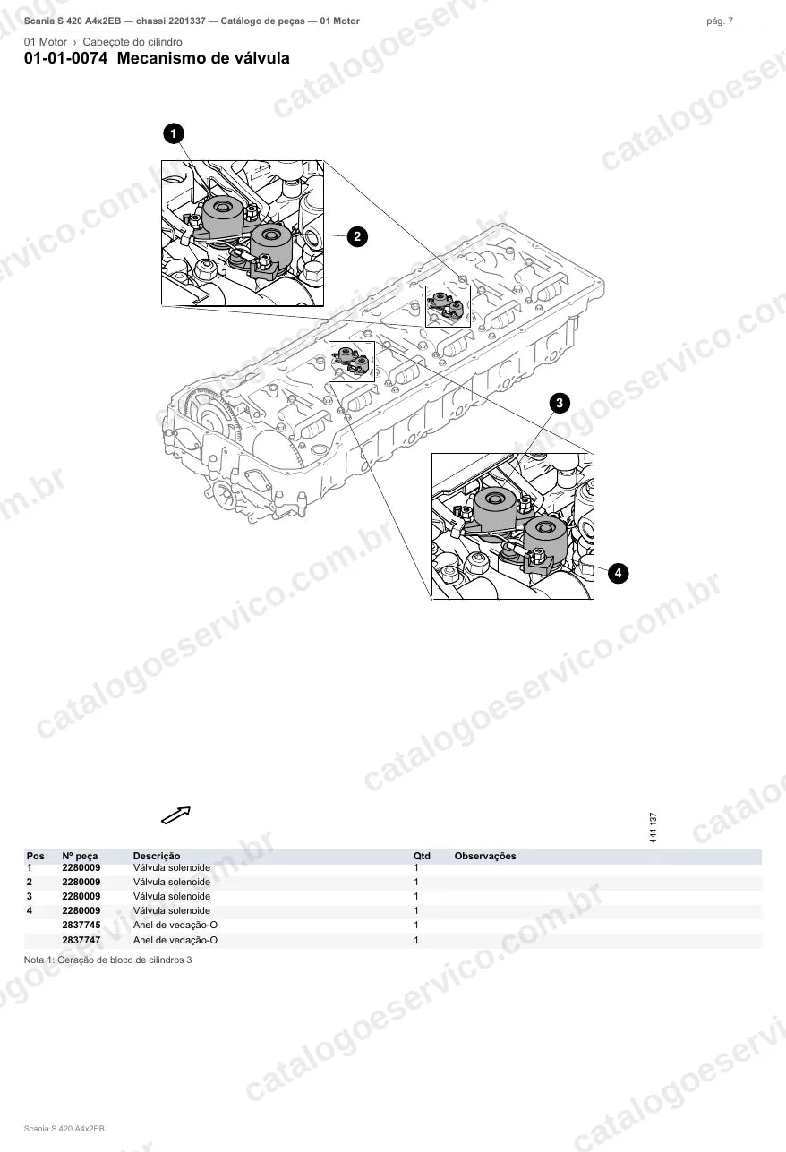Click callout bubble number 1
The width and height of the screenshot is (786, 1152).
pyautogui.click(x=174, y=133)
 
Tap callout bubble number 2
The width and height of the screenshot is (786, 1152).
pyautogui.click(x=357, y=236)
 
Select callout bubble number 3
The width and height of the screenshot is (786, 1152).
pyautogui.click(x=560, y=403)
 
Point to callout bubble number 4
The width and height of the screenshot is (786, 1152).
pyautogui.click(x=618, y=573)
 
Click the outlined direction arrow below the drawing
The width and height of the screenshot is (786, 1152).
pyautogui.click(x=176, y=815)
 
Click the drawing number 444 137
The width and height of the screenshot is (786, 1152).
pyautogui.click(x=653, y=828)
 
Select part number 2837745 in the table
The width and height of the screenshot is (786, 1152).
pyautogui.click(x=81, y=925)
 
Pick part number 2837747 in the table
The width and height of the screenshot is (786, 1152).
pyautogui.click(x=81, y=940)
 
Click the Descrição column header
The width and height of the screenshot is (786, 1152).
pyautogui.click(x=157, y=856)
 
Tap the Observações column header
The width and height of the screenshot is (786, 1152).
pyautogui.click(x=485, y=856)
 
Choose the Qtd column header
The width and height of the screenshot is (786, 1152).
pyautogui.click(x=422, y=856)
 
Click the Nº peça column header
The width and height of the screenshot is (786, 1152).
pyautogui.click(x=80, y=857)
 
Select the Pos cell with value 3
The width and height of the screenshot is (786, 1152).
pyautogui.click(x=30, y=896)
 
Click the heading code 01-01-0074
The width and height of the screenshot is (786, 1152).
pyautogui.click(x=66, y=58)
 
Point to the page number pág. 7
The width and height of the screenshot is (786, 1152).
pyautogui.click(x=720, y=21)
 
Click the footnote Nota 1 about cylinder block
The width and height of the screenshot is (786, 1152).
pyautogui.click(x=107, y=960)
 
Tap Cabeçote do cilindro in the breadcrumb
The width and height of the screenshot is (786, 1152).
pyautogui.click(x=132, y=42)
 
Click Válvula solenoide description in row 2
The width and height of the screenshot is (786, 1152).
pyautogui.click(x=171, y=882)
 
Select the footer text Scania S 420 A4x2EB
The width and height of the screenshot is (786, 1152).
pyautogui.click(x=64, y=1129)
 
